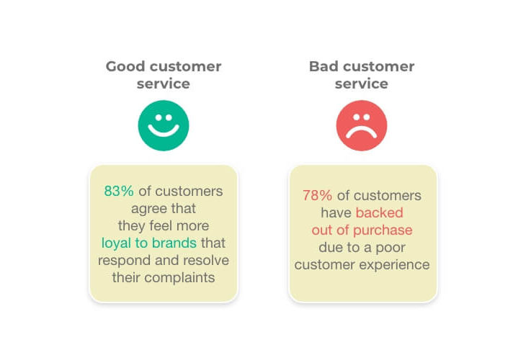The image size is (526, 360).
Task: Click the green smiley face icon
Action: click(x=164, y=125)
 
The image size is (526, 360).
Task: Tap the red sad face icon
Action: click(x=362, y=125)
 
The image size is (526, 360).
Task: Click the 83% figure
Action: click(x=119, y=191)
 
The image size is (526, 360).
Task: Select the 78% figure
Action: click(x=317, y=195)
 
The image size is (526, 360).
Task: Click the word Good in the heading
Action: click(x=125, y=66)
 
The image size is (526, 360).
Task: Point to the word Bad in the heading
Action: click(x=324, y=66)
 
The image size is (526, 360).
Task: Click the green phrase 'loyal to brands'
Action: click(x=149, y=243)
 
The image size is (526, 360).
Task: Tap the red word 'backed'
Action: click(x=380, y=212)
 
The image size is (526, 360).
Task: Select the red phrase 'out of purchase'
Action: click(x=362, y=230)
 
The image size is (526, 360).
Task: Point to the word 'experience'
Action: click(x=395, y=265)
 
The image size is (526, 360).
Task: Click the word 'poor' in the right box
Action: click(x=391, y=248)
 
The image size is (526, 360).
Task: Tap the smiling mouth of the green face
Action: click(x=164, y=132)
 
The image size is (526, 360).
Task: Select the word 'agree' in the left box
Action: click(x=145, y=210)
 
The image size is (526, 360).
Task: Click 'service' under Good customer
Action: click(x=164, y=84)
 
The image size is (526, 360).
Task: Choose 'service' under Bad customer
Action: click(x=362, y=84)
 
